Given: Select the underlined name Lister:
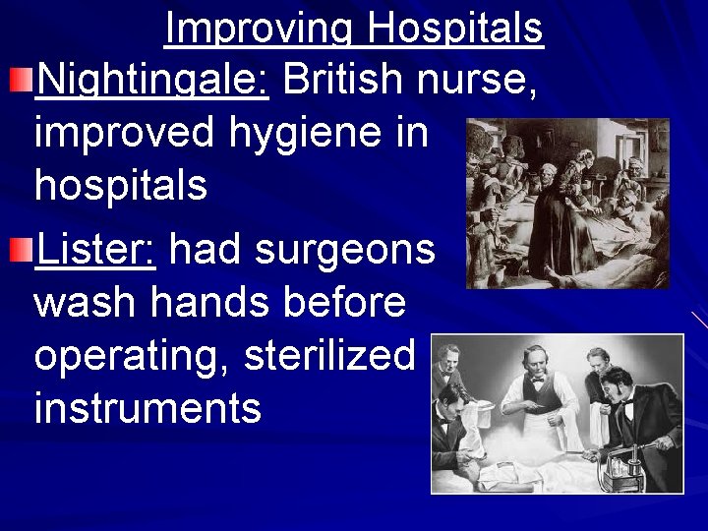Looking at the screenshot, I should coord(94,250).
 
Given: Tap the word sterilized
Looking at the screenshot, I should coord(329,356).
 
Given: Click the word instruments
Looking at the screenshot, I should coord(147,407).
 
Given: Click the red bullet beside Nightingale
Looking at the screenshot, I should coord(21,78).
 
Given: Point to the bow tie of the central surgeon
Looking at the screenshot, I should coord(539,380).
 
